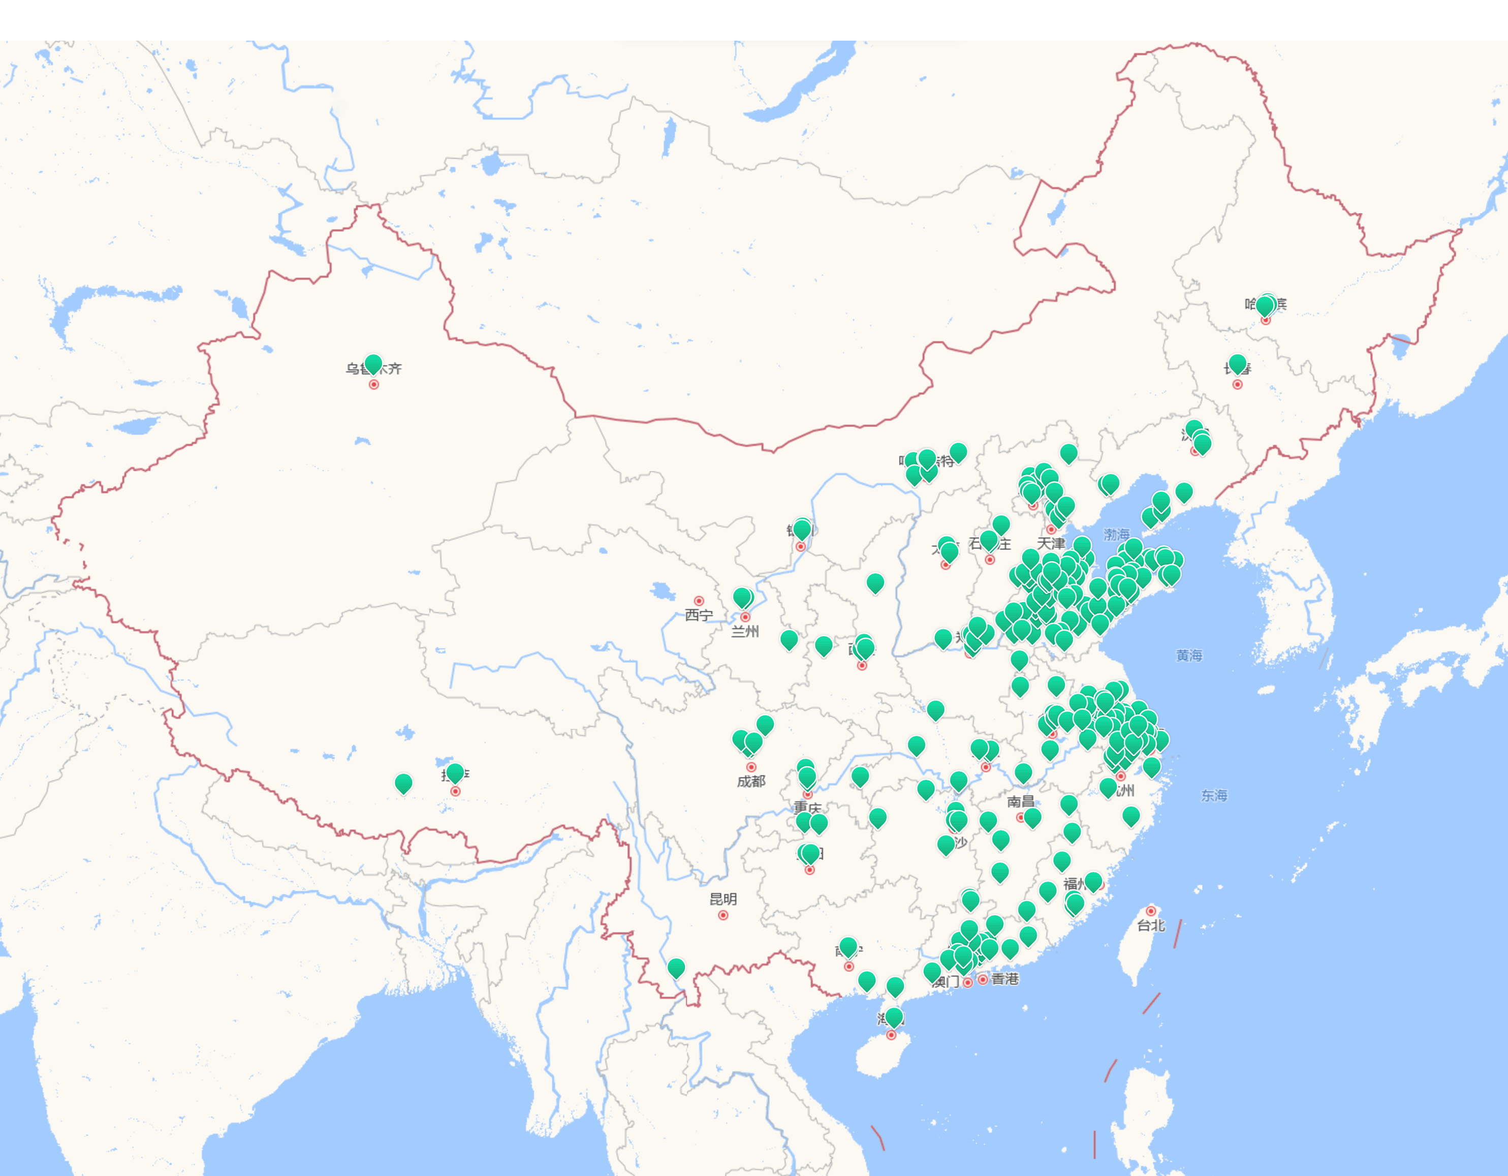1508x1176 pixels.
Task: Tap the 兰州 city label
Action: [745, 631]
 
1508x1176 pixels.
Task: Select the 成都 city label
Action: [751, 781]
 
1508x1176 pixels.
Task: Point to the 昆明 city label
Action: [723, 899]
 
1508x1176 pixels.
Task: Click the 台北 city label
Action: [1151, 925]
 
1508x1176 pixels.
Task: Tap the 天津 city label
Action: [1051, 543]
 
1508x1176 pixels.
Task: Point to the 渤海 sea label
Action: [1116, 535]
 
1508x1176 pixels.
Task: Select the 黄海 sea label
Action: [1189, 655]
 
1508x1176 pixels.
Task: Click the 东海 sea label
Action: [1214, 795]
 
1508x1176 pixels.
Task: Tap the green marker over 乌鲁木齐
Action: [373, 364]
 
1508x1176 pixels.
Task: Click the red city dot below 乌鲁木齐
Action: [373, 385]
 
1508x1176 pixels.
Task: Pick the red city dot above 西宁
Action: [699, 601]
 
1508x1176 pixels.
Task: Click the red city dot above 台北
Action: [1151, 911]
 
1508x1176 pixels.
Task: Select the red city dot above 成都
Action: [751, 767]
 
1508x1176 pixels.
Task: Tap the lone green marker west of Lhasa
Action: [403, 783]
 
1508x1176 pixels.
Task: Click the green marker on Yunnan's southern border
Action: [676, 968]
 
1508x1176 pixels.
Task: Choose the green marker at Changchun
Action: [1237, 363]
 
